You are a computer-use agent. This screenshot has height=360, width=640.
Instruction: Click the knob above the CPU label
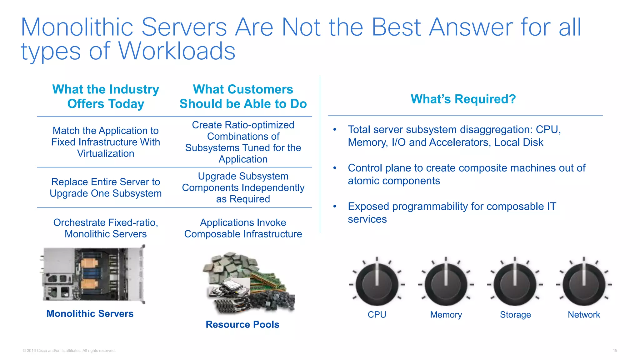(377, 284)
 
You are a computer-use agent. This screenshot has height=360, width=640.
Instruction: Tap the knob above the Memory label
(446, 284)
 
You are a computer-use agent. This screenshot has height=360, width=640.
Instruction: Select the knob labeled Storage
(515, 284)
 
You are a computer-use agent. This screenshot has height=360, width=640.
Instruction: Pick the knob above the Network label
(584, 284)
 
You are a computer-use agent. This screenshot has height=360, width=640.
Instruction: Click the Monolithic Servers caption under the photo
(90, 313)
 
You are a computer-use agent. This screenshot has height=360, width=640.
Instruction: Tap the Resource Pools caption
(242, 324)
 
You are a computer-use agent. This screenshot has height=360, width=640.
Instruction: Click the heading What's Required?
(463, 99)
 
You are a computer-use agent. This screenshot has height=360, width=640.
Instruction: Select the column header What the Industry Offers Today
(106, 96)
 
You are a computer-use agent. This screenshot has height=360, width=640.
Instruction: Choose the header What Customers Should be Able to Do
(243, 96)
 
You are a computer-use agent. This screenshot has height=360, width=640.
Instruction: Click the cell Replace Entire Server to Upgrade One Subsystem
(106, 187)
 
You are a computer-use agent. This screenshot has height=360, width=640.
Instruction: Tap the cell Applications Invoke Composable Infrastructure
(243, 228)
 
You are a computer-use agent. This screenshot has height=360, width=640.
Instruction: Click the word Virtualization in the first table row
(106, 153)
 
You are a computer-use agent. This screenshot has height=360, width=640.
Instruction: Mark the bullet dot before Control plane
(335, 168)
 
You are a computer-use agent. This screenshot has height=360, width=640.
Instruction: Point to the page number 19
(615, 351)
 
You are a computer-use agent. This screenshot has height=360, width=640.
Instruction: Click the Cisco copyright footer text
(69, 351)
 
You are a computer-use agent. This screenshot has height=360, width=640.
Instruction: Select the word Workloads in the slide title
(177, 51)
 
